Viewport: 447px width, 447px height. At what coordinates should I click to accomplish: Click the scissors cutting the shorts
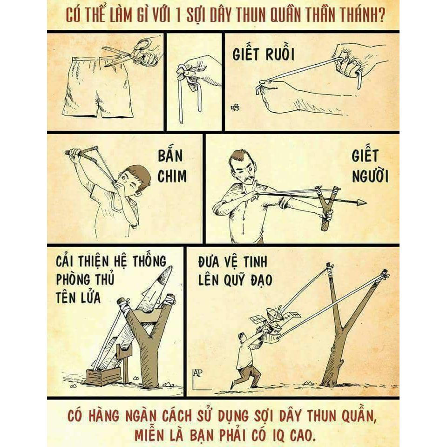[131, 54]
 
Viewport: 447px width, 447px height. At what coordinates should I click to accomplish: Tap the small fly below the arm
[236, 108]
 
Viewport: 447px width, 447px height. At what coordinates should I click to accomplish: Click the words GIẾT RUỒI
[263, 54]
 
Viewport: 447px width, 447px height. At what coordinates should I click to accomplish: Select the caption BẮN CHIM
[172, 167]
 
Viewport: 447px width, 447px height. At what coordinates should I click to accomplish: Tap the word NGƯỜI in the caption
[370, 176]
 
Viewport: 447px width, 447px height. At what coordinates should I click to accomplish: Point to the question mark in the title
[381, 15]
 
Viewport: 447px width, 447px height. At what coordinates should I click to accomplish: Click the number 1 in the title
[178, 15]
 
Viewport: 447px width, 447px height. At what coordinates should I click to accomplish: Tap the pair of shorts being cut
[97, 87]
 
